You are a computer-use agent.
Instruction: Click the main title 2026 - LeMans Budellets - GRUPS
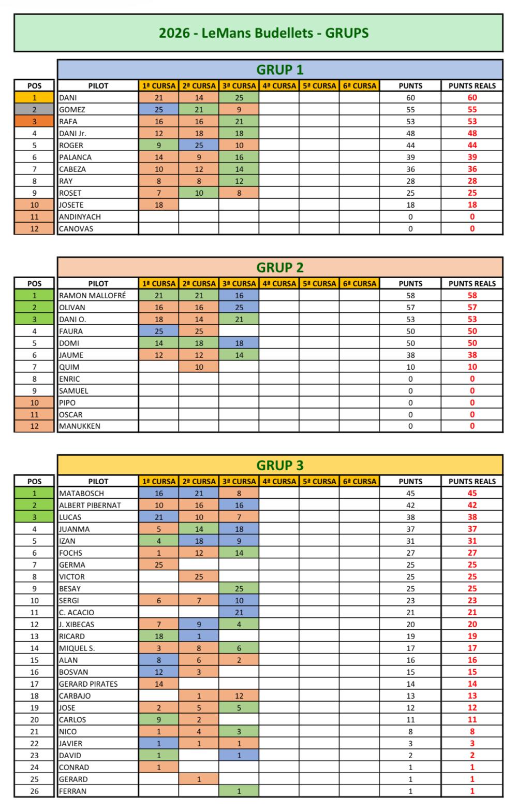[263, 33]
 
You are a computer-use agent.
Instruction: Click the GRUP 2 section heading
[280, 267]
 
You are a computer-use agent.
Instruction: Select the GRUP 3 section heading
[280, 465]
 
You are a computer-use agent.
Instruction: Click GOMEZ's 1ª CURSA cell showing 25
[159, 109]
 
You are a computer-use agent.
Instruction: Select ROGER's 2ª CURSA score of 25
[199, 145]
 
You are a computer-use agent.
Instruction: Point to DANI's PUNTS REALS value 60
[471, 97]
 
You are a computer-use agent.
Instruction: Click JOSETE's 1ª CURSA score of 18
[159, 205]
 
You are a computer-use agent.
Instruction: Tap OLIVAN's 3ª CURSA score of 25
[239, 307]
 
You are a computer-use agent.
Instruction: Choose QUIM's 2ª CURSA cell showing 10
[199, 367]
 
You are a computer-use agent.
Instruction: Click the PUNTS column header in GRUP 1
[410, 85]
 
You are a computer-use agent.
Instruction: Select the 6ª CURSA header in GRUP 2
[360, 283]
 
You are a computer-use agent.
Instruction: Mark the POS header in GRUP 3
[34, 481]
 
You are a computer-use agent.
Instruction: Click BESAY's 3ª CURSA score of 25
[239, 588]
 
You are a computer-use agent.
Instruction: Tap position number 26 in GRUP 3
[34, 791]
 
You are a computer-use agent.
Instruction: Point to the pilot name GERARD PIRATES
[88, 684]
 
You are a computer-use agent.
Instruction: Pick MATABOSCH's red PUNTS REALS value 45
[471, 493]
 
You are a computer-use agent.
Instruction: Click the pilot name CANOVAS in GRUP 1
[76, 228]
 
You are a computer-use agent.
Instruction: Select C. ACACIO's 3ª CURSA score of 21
[239, 612]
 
